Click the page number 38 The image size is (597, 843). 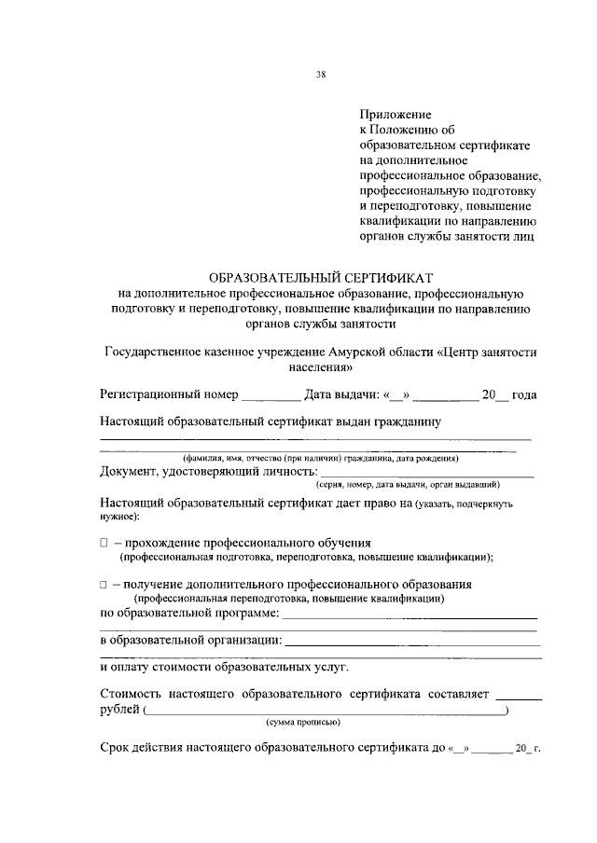pyautogui.click(x=320, y=76)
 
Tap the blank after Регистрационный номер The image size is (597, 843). pyautogui.click(x=271, y=396)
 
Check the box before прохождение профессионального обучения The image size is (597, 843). pyautogui.click(x=104, y=543)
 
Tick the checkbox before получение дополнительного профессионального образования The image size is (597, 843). pyautogui.click(x=104, y=584)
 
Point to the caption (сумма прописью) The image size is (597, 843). pyautogui.click(x=303, y=723)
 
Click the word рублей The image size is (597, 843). pyautogui.click(x=119, y=711)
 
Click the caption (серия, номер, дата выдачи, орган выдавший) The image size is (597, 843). pyautogui.click(x=408, y=485)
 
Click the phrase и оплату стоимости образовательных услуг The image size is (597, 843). pyautogui.click(x=224, y=668)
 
